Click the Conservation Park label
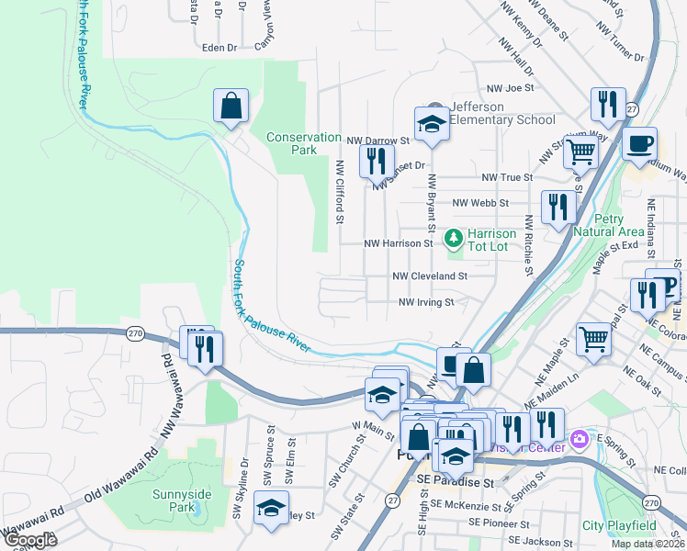click(303, 143)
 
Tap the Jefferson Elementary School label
click(502, 113)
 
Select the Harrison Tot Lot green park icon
click(452, 239)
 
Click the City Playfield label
click(619, 526)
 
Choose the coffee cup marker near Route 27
click(640, 143)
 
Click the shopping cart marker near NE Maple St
click(593, 339)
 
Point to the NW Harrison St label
click(398, 244)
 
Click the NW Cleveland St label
click(430, 275)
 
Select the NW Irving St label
click(426, 302)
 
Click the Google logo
click(29, 540)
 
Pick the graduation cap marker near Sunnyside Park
click(271, 508)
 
